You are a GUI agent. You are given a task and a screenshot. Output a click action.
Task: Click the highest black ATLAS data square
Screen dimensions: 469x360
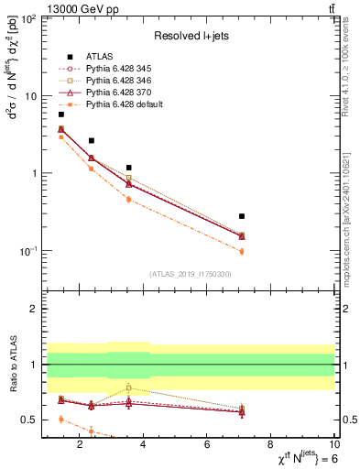click(x=61, y=114)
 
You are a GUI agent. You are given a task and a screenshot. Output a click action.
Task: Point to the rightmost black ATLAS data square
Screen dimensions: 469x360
click(x=242, y=216)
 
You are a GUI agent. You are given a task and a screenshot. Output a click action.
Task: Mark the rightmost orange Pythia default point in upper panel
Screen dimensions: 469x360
click(x=242, y=251)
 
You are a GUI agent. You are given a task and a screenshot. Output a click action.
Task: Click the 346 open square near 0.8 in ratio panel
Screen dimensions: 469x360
click(x=129, y=387)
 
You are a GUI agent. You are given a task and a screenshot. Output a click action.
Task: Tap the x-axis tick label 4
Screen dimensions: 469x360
click(x=144, y=446)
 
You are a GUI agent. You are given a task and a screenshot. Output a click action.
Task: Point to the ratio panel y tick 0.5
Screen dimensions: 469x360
click(x=28, y=420)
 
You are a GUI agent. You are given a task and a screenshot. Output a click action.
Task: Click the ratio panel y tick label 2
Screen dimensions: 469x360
click(x=32, y=310)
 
